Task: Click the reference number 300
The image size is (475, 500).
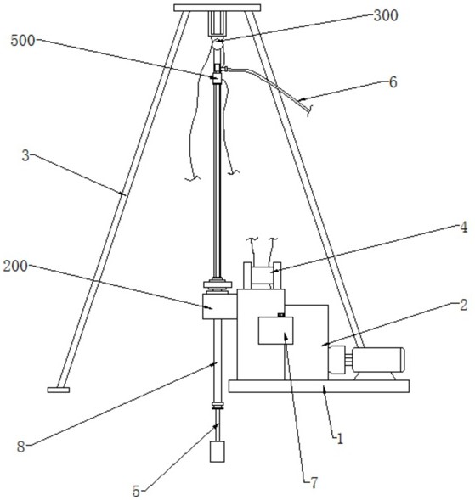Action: click(386, 15)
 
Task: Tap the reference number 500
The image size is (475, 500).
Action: click(23, 41)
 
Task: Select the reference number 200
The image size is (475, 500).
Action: click(15, 266)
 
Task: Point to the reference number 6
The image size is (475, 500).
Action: click(393, 82)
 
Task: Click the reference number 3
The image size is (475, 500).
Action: click(25, 155)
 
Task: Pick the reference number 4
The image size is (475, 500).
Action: click(463, 227)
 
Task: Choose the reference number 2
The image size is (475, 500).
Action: click(463, 305)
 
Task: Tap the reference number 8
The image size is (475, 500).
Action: click(20, 447)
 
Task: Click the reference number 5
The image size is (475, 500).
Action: click(136, 491)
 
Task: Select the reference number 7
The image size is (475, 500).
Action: click(314, 483)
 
